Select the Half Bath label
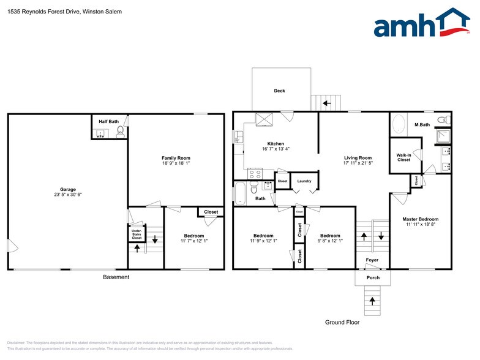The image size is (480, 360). coord(109,122)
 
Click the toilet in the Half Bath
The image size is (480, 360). coord(121,132)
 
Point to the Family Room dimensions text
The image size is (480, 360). coord(176,163)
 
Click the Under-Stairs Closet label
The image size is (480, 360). coord(137,234)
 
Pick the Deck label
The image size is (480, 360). coord(279,91)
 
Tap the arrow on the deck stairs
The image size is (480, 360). coord(326,103)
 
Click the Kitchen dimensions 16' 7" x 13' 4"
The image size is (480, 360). coord(276,148)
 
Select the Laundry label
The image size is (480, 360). coord(304,181)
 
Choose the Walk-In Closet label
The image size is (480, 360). coord(403,157)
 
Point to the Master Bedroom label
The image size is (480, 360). coord(420,219)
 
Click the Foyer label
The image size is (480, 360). coord(372,260)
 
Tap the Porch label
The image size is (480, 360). coord(373,277)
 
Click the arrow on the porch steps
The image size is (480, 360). coord(372,301)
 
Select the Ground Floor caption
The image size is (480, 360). coord(342,322)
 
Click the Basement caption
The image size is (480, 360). coord(116,277)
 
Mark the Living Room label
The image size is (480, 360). coord(358,158)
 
